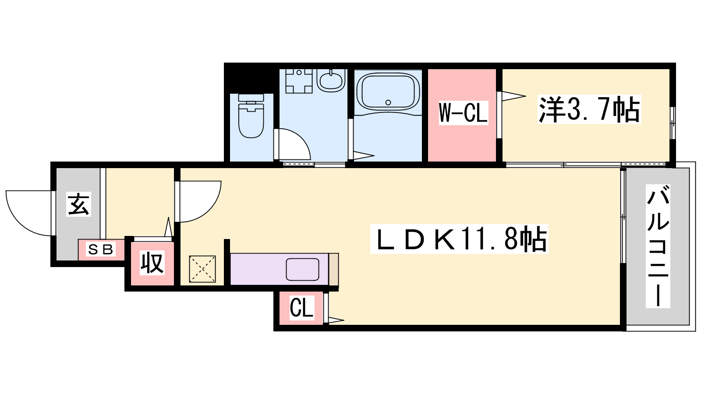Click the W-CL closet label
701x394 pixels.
(x=464, y=113)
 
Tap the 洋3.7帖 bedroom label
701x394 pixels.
(x=589, y=109)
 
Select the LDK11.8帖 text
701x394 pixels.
(x=459, y=239)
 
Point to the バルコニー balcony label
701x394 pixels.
(x=658, y=246)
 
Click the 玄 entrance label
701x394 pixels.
(x=78, y=204)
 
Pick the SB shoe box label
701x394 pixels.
(x=100, y=249)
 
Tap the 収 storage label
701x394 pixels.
(x=152, y=263)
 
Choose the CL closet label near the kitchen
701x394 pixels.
(x=301, y=308)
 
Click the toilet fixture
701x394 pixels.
(x=251, y=116)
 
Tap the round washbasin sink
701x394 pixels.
(x=331, y=80)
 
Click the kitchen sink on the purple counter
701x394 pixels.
(x=302, y=269)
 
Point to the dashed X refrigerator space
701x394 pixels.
(x=202, y=269)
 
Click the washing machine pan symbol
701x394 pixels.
(x=299, y=81)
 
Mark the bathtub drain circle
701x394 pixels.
(x=388, y=102)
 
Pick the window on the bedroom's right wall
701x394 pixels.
(x=673, y=123)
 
